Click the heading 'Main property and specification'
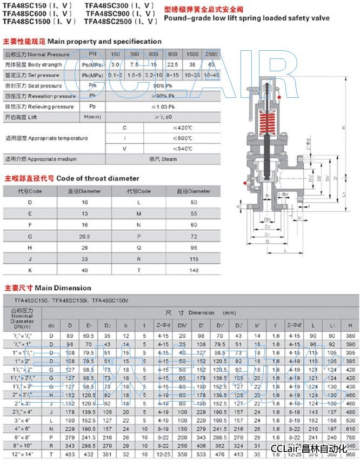(104, 41)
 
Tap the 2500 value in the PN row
(211, 55)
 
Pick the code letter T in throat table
(138, 270)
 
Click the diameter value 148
(194, 270)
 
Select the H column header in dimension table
(351, 325)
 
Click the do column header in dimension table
(51, 325)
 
